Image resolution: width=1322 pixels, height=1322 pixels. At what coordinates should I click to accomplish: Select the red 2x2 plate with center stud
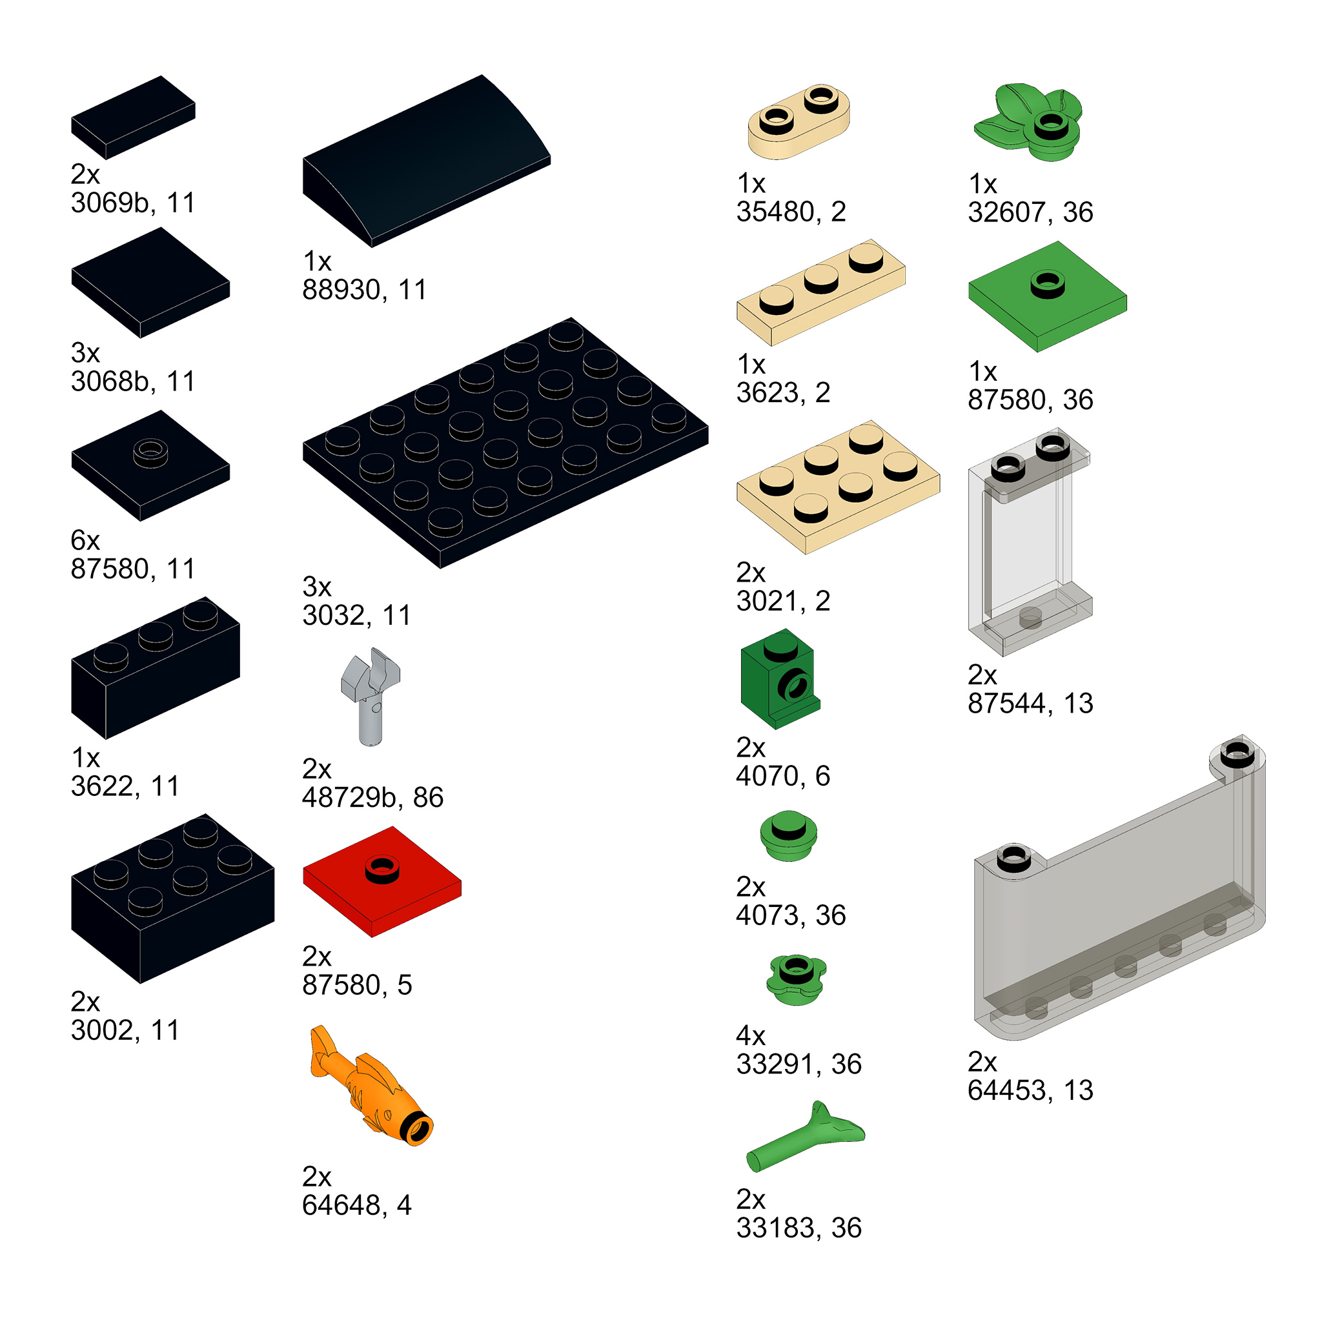[382, 882]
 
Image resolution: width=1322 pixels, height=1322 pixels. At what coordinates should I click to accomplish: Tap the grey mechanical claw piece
[370, 697]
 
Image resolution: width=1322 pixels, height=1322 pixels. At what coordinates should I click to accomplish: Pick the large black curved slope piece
[426, 160]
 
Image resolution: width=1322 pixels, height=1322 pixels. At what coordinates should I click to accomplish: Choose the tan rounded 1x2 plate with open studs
[798, 122]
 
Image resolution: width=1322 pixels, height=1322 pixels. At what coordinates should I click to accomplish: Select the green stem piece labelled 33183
[805, 1137]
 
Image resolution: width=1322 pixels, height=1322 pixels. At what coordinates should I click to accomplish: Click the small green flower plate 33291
[796, 979]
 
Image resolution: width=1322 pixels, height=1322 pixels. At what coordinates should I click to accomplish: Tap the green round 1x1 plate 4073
[788, 835]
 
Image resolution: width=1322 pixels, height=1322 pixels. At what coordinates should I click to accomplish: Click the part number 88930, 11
[365, 290]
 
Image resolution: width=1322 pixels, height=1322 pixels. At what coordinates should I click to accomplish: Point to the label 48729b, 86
[373, 798]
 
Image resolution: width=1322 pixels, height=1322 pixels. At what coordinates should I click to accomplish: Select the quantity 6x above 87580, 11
[86, 540]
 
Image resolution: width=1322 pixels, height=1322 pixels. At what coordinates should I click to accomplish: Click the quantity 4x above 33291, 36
[751, 1036]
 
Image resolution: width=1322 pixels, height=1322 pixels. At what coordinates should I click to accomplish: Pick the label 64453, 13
[1030, 1091]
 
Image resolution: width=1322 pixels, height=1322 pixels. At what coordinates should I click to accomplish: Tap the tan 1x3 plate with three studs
[821, 292]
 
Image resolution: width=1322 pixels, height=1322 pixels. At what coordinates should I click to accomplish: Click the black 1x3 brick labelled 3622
[156, 668]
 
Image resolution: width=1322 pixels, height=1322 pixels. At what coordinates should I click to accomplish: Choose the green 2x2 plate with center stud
[1048, 296]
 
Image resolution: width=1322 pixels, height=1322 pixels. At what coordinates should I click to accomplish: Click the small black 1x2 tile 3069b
[134, 117]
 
